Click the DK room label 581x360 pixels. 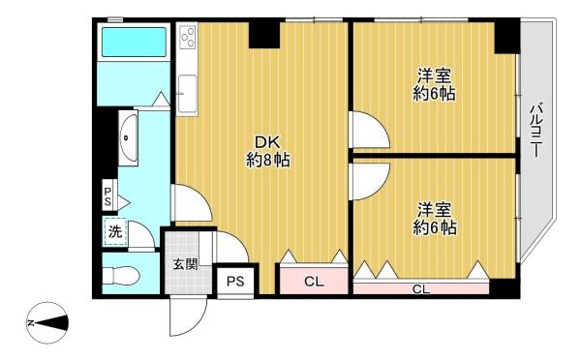pyautogui.click(x=267, y=152)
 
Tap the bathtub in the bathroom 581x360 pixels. pyautogui.click(x=134, y=42)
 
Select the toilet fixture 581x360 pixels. pyautogui.click(x=120, y=276)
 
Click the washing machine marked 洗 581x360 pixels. pyautogui.click(x=115, y=232)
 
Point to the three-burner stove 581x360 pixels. pyautogui.click(x=188, y=37)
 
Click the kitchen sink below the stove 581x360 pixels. pyautogui.click(x=187, y=93)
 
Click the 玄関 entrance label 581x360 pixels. pyautogui.click(x=185, y=264)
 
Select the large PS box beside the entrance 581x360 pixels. pyautogui.click(x=235, y=282)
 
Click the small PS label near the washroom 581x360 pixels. pyautogui.click(x=107, y=196)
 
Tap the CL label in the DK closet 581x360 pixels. pyautogui.click(x=314, y=282)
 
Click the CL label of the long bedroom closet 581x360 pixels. pyautogui.click(x=421, y=289)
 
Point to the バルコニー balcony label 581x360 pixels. pyautogui.click(x=535, y=131)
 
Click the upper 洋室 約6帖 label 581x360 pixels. pyautogui.click(x=434, y=85)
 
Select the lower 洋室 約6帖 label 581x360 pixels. pyautogui.click(x=434, y=219)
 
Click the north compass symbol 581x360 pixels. pyautogui.click(x=47, y=322)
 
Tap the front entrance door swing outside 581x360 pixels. pyautogui.click(x=188, y=315)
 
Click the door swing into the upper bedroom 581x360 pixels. pyautogui.click(x=370, y=130)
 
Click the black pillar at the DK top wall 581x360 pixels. pyautogui.click(x=264, y=34)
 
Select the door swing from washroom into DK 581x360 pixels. pyautogui.click(x=192, y=203)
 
